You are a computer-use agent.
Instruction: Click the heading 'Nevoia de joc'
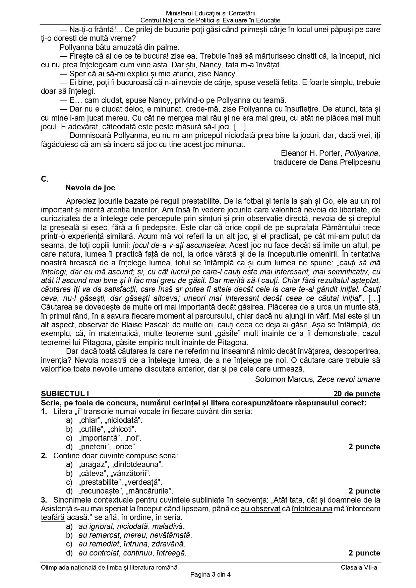90,188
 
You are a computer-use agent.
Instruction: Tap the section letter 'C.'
45,179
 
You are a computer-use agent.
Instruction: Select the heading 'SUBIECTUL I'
65,394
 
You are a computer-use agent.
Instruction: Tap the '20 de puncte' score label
357,394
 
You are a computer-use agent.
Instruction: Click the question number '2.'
44,456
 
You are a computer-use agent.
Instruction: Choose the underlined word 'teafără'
53,517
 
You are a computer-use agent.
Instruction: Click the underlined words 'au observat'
260,509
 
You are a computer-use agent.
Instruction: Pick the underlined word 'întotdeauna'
312,509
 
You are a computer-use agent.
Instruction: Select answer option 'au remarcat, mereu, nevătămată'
135,535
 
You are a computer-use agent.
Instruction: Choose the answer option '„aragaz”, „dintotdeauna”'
120,465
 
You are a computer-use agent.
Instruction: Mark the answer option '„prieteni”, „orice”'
107,447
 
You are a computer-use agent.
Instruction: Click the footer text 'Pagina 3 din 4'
211,575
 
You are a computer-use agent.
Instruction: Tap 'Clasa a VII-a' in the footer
359,568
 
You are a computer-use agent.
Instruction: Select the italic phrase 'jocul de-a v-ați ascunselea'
179,245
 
